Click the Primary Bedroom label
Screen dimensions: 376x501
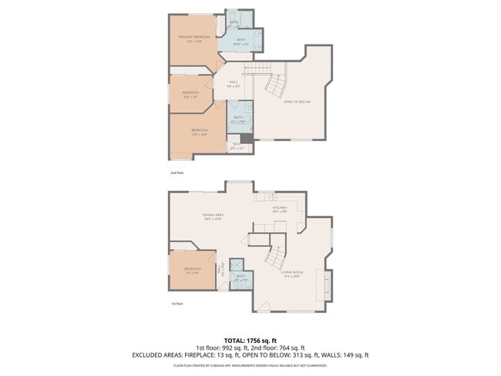pos(194,37)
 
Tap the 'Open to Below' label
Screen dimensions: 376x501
pos(297,102)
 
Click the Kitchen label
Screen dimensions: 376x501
pos(279,207)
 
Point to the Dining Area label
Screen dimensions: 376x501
pos(213,215)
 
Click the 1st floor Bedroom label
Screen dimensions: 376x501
pos(192,268)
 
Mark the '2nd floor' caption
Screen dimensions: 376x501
pos(177,173)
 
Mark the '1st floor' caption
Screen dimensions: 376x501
pos(177,304)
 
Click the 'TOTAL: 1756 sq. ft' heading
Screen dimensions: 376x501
pos(250,340)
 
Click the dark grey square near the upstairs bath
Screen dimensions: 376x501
pos(246,139)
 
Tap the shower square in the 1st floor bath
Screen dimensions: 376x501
pos(236,264)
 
